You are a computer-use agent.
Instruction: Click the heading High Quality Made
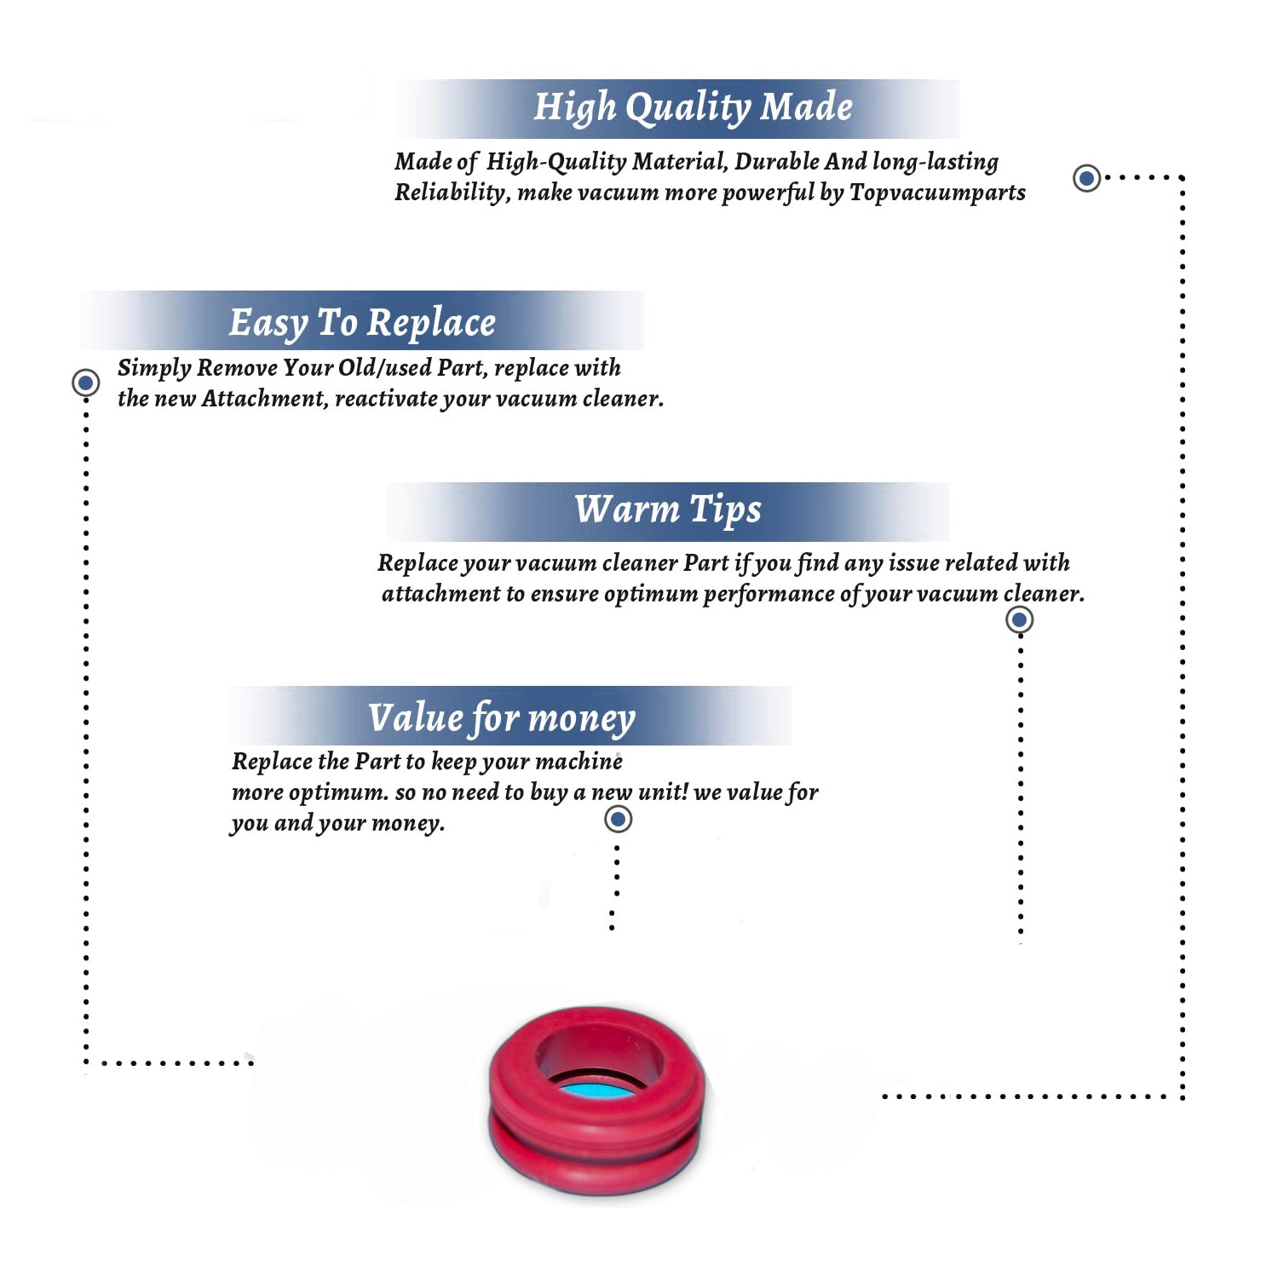point(693,108)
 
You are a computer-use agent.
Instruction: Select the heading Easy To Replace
point(362,324)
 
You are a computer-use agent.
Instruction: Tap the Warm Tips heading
point(667,510)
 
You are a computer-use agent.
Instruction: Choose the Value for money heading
point(502,718)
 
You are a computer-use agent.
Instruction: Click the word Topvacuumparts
point(937,193)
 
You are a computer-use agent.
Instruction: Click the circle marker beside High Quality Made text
point(1086,178)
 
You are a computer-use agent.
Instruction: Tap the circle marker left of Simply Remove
point(85,383)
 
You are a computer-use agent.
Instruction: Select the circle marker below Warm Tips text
point(1019,619)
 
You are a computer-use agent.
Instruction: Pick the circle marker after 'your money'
point(618,820)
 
